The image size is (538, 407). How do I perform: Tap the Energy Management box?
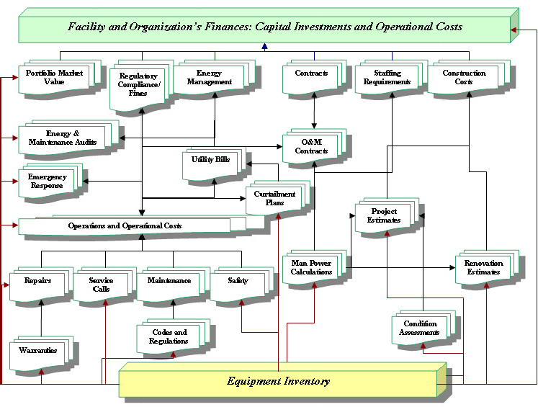[x=210, y=78]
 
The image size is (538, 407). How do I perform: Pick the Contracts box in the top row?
[x=312, y=74]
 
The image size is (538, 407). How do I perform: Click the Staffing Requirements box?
[x=393, y=78]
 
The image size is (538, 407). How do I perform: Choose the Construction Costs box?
[x=464, y=78]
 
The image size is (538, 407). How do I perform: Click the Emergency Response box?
[x=47, y=181]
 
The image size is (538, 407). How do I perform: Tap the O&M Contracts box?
[x=311, y=146]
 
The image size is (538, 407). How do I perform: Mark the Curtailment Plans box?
[x=274, y=199]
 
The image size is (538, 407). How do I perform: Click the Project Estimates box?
[x=385, y=215]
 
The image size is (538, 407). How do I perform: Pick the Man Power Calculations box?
[x=311, y=267]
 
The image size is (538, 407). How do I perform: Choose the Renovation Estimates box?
[x=483, y=267]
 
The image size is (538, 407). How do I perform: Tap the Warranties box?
[x=40, y=351]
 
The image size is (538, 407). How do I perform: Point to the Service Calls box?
[x=101, y=284]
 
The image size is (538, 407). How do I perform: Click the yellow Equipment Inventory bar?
[x=278, y=381]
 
